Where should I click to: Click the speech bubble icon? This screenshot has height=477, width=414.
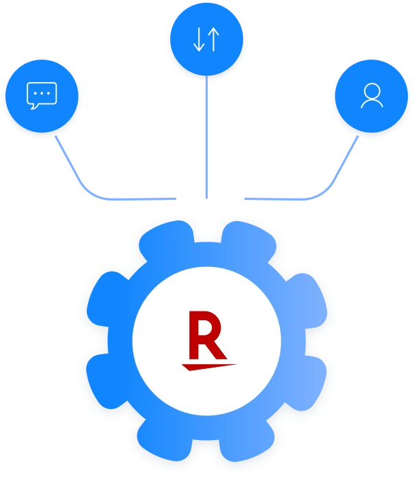[x=42, y=95]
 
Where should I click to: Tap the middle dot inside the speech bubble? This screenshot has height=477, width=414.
[x=42, y=92]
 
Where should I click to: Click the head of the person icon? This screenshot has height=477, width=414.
[x=372, y=92]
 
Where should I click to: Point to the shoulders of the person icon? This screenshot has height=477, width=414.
[x=372, y=104]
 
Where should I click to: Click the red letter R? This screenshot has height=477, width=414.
[x=206, y=335]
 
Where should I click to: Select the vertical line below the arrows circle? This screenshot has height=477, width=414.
[x=206, y=137]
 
